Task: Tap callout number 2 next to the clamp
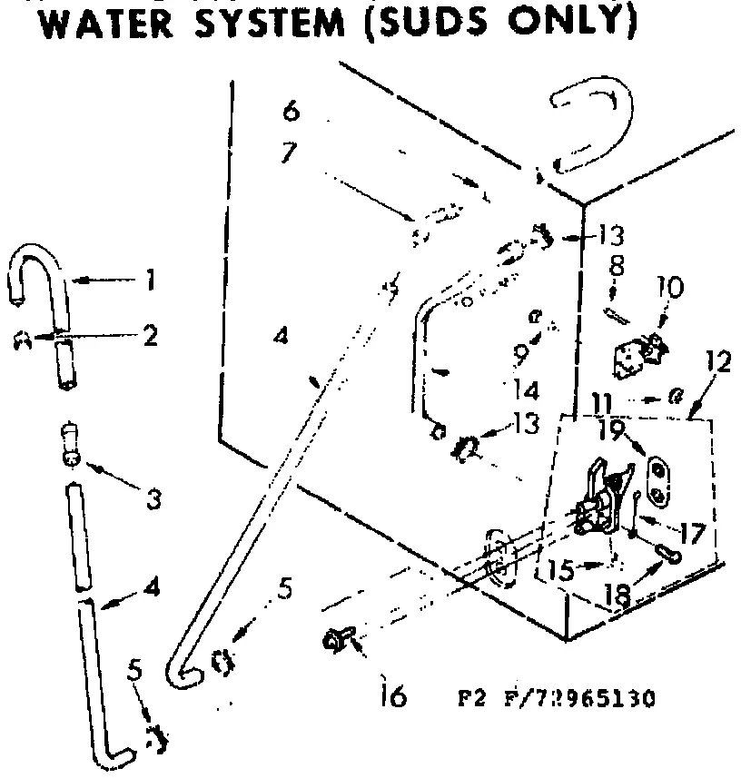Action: pos(150,336)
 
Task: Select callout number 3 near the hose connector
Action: pos(154,498)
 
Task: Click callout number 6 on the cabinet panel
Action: pos(290,113)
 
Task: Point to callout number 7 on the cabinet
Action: pos(289,153)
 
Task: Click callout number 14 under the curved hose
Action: pos(527,390)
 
